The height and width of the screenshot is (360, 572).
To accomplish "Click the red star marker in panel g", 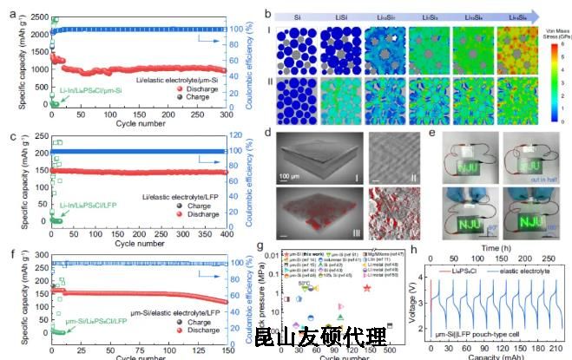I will [x=371, y=287].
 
